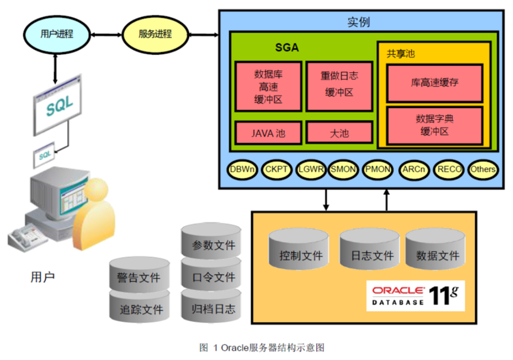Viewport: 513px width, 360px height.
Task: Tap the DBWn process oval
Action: click(243, 169)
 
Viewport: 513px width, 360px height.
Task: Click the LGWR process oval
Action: click(311, 169)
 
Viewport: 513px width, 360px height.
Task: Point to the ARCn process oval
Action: click(414, 169)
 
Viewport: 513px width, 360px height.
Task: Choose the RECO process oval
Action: click(448, 169)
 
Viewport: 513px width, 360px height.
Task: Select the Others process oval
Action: click(483, 169)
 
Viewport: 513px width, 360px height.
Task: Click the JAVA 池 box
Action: click(268, 132)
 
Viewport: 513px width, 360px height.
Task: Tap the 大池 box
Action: click(339, 132)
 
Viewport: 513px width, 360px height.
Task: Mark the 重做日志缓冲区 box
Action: click(339, 86)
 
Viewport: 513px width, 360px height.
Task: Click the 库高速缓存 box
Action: click(434, 83)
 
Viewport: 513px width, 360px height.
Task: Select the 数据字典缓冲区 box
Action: click(434, 125)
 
